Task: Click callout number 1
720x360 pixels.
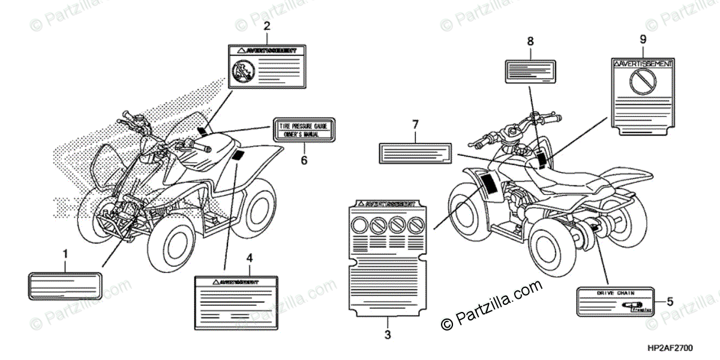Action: click(65, 254)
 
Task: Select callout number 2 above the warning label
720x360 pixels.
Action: click(267, 26)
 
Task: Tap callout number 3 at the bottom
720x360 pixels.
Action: click(388, 333)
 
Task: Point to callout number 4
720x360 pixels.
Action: click(250, 258)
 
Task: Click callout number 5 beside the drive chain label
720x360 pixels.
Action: click(670, 302)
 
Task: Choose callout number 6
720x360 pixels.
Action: click(304, 160)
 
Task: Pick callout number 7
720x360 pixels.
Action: click(414, 125)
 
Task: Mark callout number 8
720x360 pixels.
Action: click(530, 41)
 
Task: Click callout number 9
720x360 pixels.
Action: click(643, 40)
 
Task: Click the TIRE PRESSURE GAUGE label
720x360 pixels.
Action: click(304, 131)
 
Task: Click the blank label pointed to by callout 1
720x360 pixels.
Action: click(64, 284)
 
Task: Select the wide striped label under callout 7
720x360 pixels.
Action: click(414, 152)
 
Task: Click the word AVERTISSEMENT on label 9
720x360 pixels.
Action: click(644, 62)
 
